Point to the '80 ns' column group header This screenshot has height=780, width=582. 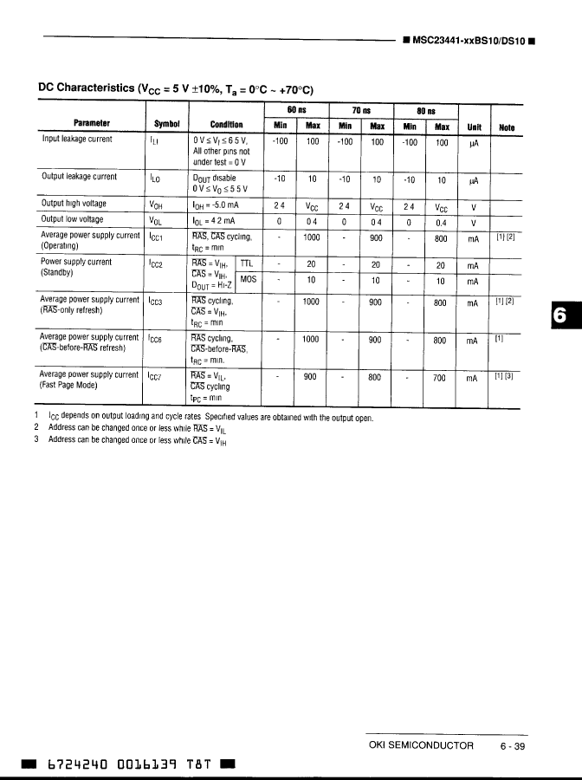[x=425, y=111]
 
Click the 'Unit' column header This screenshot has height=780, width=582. [x=474, y=126]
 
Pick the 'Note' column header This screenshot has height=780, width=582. [x=507, y=127]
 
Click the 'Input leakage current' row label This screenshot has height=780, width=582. [x=77, y=139]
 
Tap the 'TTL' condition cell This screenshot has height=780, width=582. [x=247, y=263]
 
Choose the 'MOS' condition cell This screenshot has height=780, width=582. [x=248, y=279]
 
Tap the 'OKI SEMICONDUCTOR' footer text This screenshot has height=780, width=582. [x=422, y=745]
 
